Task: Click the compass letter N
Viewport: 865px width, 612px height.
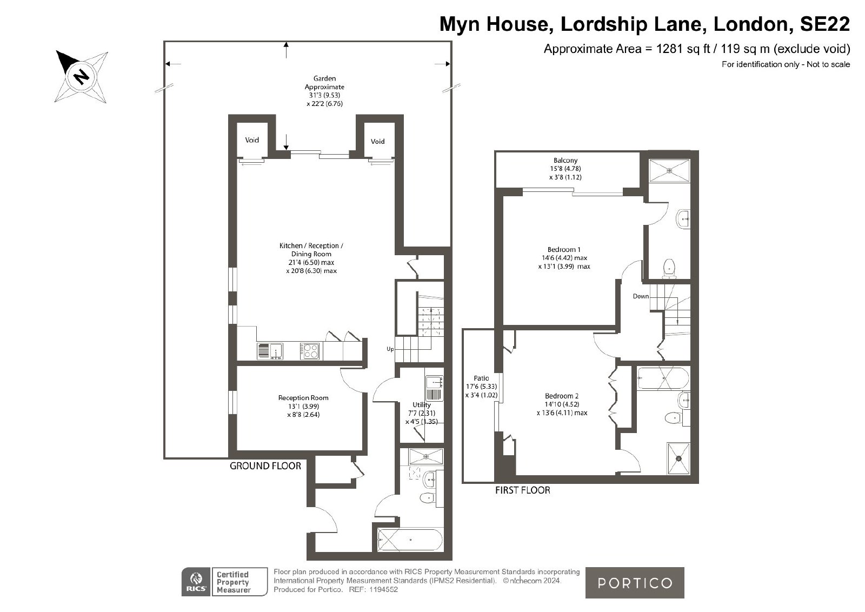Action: point(82,77)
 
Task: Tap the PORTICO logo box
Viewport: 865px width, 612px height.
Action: point(635,583)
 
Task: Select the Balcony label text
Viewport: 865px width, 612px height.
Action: point(565,160)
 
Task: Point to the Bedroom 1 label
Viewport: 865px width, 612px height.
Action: point(564,249)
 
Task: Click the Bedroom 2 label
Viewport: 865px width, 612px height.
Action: point(562,396)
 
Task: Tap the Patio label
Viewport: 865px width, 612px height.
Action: point(481,378)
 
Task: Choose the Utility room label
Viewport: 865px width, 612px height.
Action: point(421,404)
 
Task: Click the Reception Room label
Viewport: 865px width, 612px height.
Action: point(303,398)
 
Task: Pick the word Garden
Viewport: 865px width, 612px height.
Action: point(324,78)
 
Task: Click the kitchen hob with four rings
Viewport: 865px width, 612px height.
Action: point(310,351)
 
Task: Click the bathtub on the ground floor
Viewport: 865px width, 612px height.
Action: point(410,540)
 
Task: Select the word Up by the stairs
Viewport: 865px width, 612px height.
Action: point(390,349)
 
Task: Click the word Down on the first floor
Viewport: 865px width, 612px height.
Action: point(641,296)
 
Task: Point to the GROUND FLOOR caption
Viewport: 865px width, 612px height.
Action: point(265,466)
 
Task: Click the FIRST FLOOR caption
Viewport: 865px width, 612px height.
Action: point(522,490)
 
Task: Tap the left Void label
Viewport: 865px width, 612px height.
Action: point(252,140)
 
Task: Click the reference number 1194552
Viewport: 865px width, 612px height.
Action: point(383,590)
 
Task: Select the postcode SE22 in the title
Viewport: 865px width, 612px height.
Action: point(824,24)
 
